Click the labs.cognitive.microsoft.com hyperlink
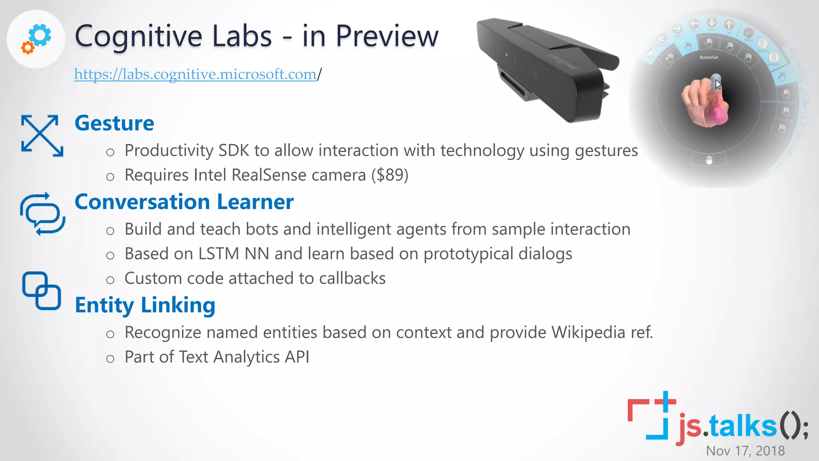[195, 74]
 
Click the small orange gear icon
[28, 48]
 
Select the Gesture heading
[114, 123]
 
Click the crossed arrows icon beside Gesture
[42, 136]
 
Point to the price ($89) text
[390, 175]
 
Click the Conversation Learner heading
[184, 202]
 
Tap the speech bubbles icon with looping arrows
[42, 214]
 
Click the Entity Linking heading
[145, 305]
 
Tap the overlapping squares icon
[42, 291]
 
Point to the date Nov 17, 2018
[745, 451]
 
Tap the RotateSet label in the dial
[709, 57]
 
